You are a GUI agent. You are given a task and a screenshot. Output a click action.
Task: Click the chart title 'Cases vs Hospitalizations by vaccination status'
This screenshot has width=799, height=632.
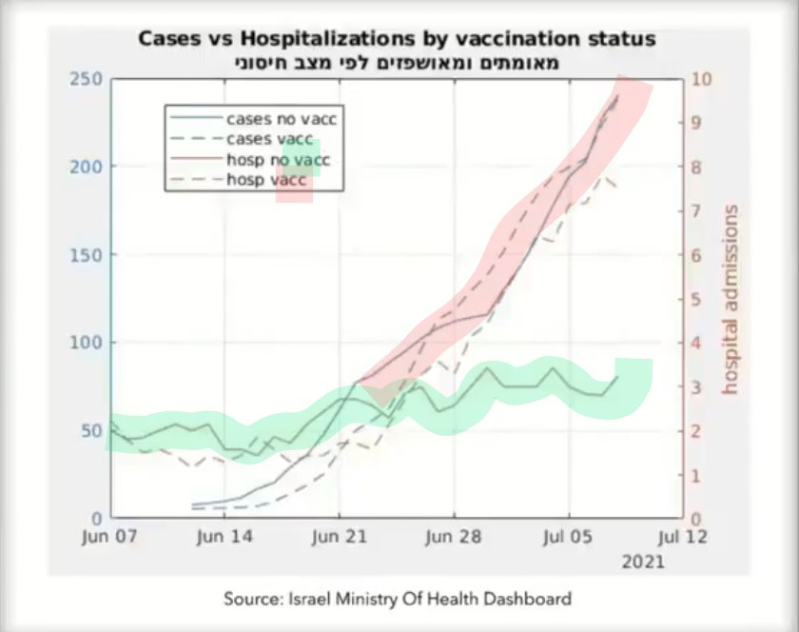tap(398, 39)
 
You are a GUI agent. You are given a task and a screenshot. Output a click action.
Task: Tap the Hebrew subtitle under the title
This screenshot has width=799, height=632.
tap(398, 63)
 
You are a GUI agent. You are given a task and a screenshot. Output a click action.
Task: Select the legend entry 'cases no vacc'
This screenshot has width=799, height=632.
tap(282, 119)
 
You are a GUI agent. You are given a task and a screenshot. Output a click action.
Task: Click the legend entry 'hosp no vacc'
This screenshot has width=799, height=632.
tap(277, 159)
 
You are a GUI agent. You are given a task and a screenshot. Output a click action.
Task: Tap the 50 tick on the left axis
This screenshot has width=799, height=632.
tap(93, 430)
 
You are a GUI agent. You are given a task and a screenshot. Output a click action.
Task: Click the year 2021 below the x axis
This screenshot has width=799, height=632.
tap(644, 563)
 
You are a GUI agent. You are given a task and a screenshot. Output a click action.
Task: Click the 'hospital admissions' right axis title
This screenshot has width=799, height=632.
tap(731, 299)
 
